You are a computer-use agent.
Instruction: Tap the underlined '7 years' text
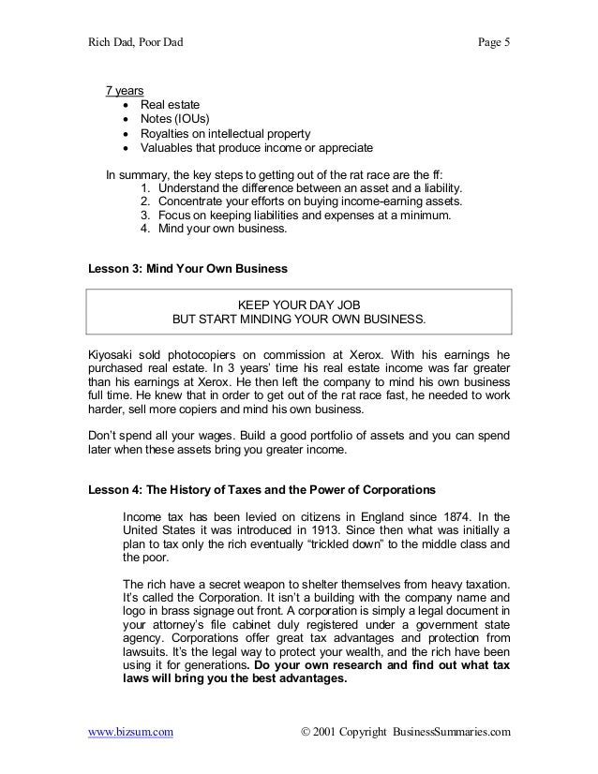[x=124, y=91]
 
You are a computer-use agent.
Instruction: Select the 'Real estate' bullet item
[x=175, y=105]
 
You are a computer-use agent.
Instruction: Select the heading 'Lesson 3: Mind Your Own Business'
[x=187, y=268]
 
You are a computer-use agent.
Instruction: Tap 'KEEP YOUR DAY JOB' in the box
[x=299, y=305]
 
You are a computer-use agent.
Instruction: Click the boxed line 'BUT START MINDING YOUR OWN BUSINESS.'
[x=299, y=320]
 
